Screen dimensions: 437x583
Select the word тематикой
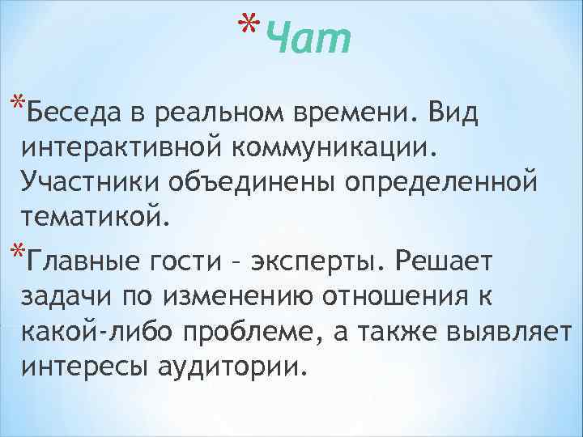98,216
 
